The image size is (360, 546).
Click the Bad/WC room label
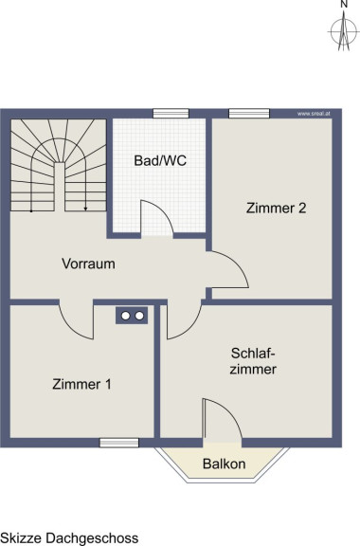point(160,160)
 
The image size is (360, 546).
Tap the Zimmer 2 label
point(276,208)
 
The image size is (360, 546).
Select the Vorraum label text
point(88,264)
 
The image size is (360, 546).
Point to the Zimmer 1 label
point(81,384)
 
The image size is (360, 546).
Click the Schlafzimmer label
point(253,361)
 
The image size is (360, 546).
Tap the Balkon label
point(225,464)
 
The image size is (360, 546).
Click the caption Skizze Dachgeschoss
point(69,538)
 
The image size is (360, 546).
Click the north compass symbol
point(344,31)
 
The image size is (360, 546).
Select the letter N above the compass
point(344,4)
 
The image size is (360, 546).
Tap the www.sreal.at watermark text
point(314,114)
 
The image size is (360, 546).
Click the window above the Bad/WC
point(171,113)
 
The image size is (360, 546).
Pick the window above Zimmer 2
point(249,113)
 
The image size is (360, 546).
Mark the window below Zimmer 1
point(119,443)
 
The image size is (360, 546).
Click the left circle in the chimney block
point(125,316)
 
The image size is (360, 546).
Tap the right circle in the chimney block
point(139,316)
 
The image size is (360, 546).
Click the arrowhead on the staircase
point(85,209)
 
